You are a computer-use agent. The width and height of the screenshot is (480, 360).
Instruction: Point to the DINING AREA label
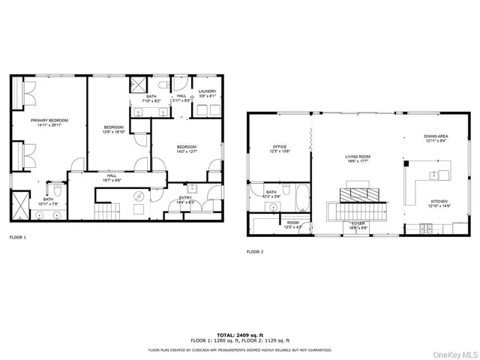(x=436, y=136)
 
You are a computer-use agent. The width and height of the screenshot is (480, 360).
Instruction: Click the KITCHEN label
(x=439, y=202)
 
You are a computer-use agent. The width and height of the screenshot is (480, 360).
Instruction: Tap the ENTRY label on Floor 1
(x=184, y=198)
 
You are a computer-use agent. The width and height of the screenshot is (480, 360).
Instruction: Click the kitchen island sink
(x=433, y=175)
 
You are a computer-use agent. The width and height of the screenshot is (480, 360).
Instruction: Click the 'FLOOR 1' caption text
(x=17, y=237)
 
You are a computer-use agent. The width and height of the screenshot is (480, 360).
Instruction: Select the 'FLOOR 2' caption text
(x=255, y=251)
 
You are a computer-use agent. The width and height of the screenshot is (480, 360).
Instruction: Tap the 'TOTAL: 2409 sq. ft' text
(x=239, y=334)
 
